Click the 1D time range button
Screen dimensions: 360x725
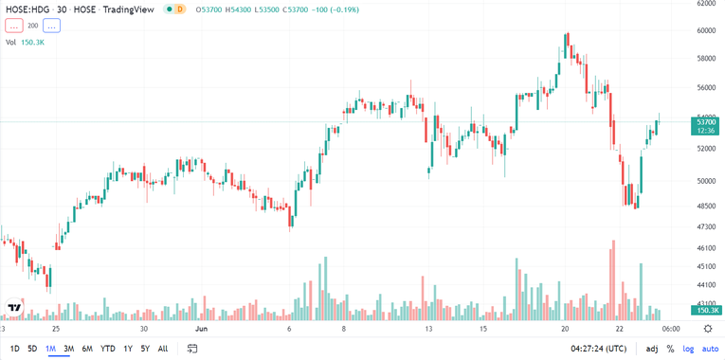(14, 349)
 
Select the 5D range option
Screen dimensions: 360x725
(32, 349)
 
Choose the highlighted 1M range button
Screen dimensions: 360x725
(51, 349)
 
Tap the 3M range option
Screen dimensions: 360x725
(69, 349)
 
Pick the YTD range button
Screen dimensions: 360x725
(107, 349)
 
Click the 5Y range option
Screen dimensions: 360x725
(145, 349)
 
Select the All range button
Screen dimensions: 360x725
(163, 349)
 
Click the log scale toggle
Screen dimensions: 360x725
(688, 349)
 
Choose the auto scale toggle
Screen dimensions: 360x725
(710, 349)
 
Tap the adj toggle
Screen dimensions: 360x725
(652, 349)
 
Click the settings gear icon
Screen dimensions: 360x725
(708, 328)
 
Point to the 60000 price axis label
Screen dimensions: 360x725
(706, 30)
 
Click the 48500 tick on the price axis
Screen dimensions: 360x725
(706, 206)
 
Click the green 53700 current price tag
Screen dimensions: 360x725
(706, 122)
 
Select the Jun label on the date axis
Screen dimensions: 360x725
(200, 329)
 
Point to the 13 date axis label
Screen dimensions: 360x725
(429, 329)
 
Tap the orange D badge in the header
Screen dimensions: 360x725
(179, 9)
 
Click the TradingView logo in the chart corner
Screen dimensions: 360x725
(14, 308)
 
